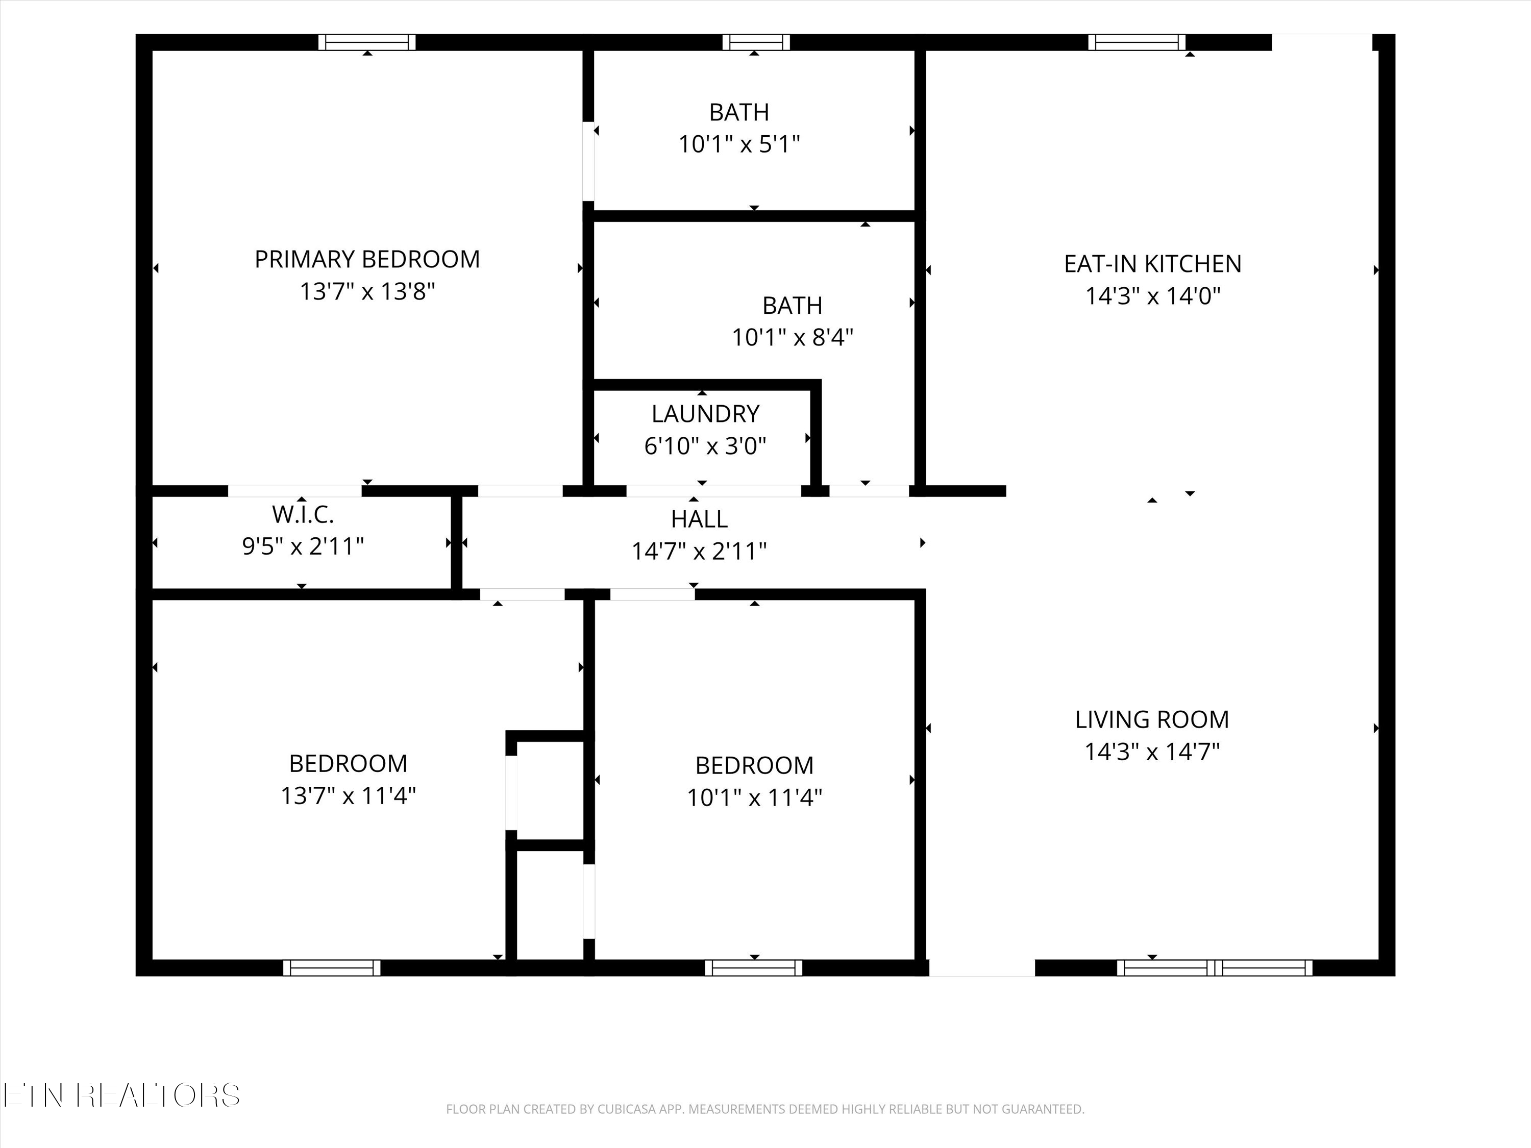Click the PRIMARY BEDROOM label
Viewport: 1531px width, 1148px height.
(367, 260)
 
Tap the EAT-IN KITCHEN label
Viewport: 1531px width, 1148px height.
(1152, 264)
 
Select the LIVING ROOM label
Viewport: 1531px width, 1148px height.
(1152, 719)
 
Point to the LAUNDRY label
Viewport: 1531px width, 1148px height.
(705, 414)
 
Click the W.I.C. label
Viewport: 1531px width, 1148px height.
(303, 514)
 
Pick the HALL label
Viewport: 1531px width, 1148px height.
(699, 519)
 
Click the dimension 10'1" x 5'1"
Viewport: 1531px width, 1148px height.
(739, 144)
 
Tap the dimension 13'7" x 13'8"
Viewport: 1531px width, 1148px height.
(367, 291)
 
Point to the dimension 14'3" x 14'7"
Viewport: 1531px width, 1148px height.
(1152, 752)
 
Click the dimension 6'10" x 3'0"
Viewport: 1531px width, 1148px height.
(705, 445)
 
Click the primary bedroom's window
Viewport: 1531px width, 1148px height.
(367, 42)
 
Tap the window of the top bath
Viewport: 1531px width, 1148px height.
(756, 42)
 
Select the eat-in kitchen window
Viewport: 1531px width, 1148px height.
(1137, 42)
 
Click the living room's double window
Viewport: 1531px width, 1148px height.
(1215, 967)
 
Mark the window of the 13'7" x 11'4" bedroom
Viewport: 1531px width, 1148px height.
(332, 967)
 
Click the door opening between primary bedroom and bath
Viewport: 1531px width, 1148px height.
(588, 161)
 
